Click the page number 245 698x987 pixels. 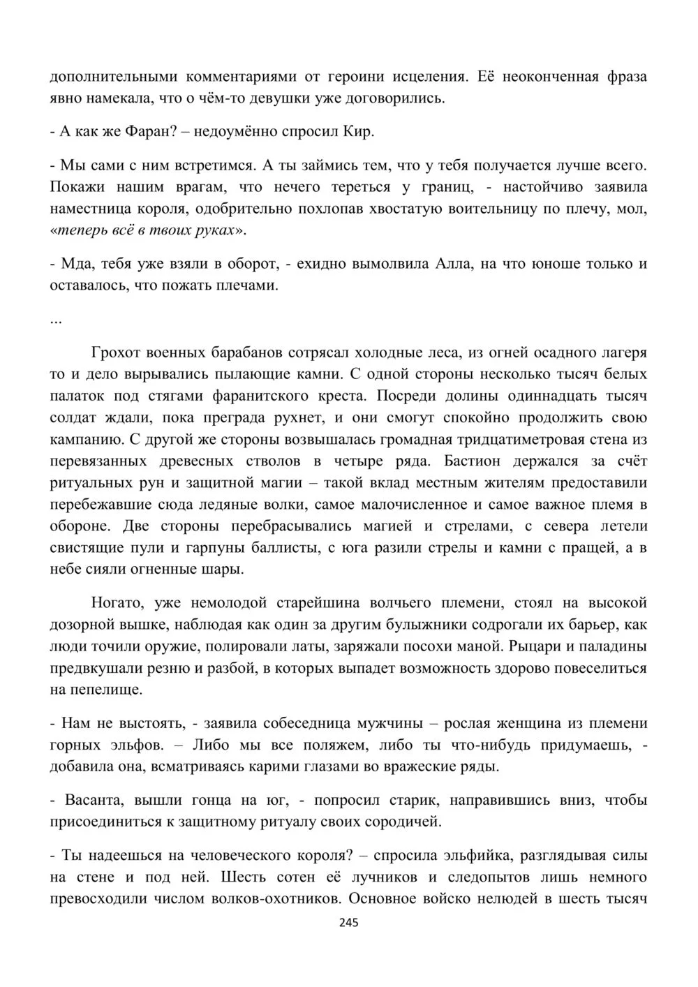pos(348,923)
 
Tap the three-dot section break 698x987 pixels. pos(56,320)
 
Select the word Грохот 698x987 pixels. pos(117,352)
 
